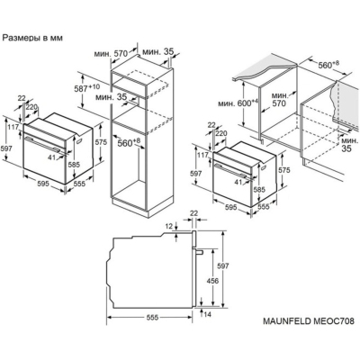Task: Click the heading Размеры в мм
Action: pyautogui.click(x=41, y=39)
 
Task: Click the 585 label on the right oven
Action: pyautogui.click(x=258, y=190)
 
